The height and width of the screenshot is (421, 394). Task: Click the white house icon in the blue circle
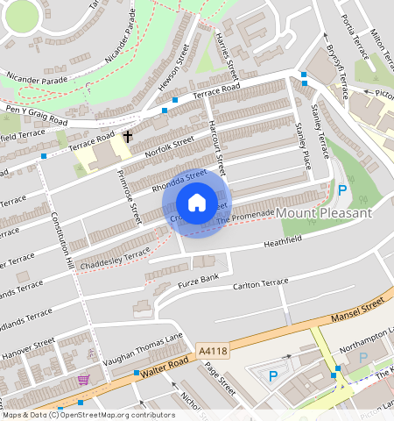click(x=198, y=202)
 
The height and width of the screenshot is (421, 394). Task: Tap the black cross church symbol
click(x=128, y=137)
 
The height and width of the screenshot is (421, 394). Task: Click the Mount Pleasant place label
click(x=324, y=213)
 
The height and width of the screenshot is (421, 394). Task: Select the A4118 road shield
click(x=213, y=351)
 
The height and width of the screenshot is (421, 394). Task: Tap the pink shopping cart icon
click(x=83, y=379)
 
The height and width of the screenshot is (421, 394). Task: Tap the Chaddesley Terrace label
click(x=114, y=254)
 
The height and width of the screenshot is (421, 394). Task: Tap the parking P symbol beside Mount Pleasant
click(x=342, y=190)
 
